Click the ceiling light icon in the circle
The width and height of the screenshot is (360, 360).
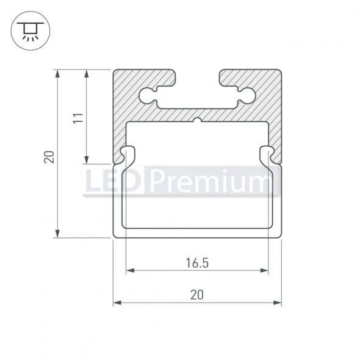27,29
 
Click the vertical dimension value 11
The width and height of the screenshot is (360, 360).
77,117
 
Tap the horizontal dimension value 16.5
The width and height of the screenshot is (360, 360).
197,264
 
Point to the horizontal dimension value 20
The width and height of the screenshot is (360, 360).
196,295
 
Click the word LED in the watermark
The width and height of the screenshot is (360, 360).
114,182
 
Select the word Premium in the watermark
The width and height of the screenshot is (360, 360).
211,182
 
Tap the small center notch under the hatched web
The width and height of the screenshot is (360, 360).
197,120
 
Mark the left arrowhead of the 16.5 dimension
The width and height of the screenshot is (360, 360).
128,270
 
